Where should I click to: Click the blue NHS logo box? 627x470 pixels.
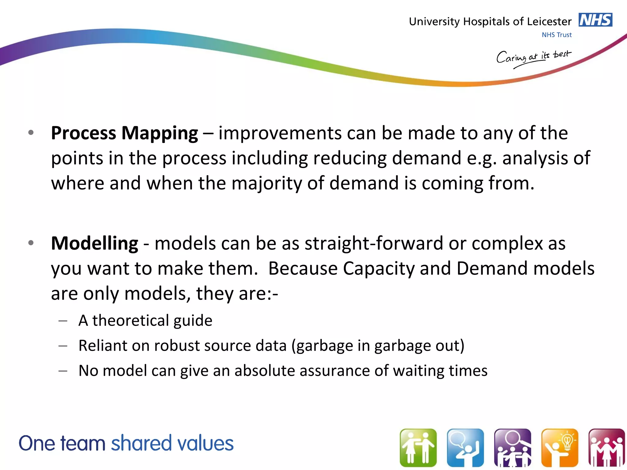pyautogui.click(x=595, y=20)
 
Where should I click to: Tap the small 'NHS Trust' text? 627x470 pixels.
pyautogui.click(x=557, y=35)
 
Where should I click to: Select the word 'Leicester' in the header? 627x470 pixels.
pyautogui.click(x=549, y=22)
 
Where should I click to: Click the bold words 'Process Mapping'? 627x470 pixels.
pyautogui.click(x=124, y=133)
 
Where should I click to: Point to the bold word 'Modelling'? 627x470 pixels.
pyautogui.click(x=94, y=244)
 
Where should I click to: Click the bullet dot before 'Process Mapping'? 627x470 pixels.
pyautogui.click(x=31, y=133)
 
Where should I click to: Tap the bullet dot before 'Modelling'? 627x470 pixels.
pyautogui.click(x=31, y=243)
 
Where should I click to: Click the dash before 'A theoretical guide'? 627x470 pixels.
pyautogui.click(x=63, y=321)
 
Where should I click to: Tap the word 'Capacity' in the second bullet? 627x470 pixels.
pyautogui.click(x=378, y=269)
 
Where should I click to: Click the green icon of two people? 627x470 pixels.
pyautogui.click(x=418, y=448)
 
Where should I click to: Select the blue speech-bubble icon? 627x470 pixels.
pyautogui.click(x=465, y=448)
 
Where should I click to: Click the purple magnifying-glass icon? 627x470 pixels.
pyautogui.click(x=512, y=448)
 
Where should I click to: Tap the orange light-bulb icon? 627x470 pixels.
pyautogui.click(x=560, y=448)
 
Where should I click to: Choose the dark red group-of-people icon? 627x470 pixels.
pyautogui.click(x=606, y=448)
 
